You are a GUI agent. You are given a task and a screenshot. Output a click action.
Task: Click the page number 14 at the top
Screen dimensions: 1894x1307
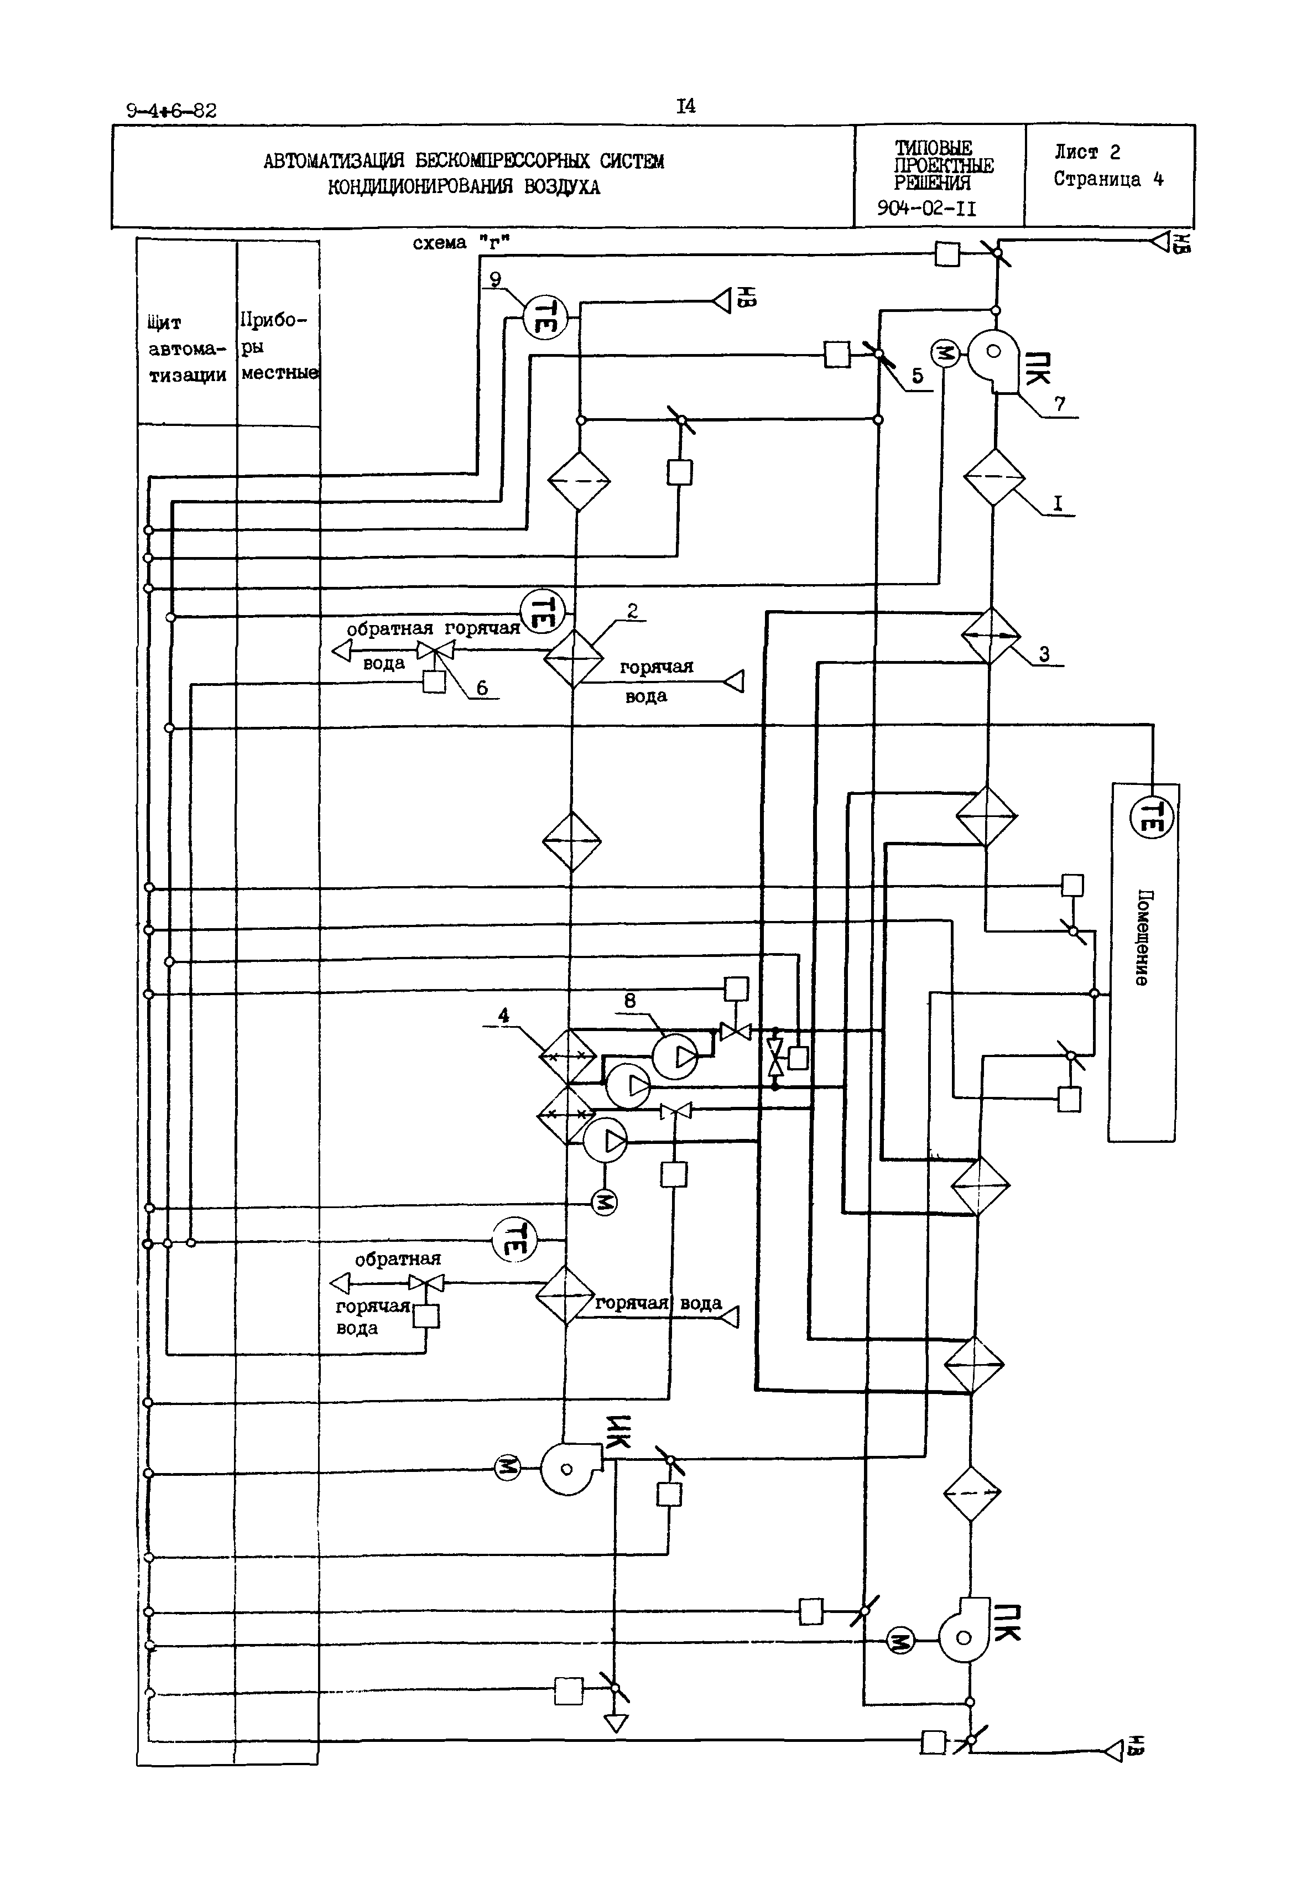[x=685, y=106]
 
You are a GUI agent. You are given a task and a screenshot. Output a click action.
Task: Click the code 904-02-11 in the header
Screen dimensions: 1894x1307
[x=926, y=208]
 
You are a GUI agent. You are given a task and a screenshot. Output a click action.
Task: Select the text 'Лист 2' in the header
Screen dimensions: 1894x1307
[x=1087, y=152]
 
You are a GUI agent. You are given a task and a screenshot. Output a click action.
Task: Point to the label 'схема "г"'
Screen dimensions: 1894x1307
[x=461, y=242]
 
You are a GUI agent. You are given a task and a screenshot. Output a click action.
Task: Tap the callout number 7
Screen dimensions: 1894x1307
[x=1060, y=404]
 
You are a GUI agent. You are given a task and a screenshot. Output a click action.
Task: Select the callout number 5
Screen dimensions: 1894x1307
[x=917, y=376]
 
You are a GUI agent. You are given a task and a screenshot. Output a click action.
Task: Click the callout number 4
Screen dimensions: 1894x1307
[x=504, y=1016]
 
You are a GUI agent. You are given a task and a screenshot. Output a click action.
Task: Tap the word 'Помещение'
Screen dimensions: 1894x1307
[x=1142, y=938]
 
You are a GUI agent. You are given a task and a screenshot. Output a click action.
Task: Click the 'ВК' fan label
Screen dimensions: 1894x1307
[x=618, y=1432]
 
